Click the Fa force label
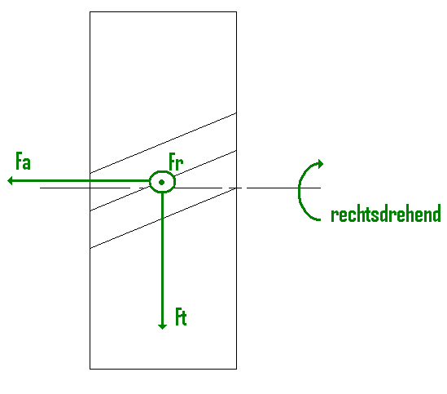pos(23,162)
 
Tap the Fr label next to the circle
pos(176,162)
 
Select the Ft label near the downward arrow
pos(181,317)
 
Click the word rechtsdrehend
pos(386,213)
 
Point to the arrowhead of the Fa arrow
pos(10,180)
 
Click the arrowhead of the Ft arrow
pos(162,326)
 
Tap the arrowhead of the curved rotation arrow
pos(321,164)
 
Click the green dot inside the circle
pos(162,182)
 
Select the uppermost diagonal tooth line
pos(163,143)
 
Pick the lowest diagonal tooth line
pos(163,218)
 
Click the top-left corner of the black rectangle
pos(90,12)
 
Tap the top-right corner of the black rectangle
pos(236,12)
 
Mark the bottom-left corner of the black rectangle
pos(90,369)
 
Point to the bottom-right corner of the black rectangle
pos(236,369)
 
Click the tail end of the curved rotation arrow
pos(320,219)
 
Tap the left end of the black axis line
pos(40,188)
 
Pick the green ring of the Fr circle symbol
pos(150,182)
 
